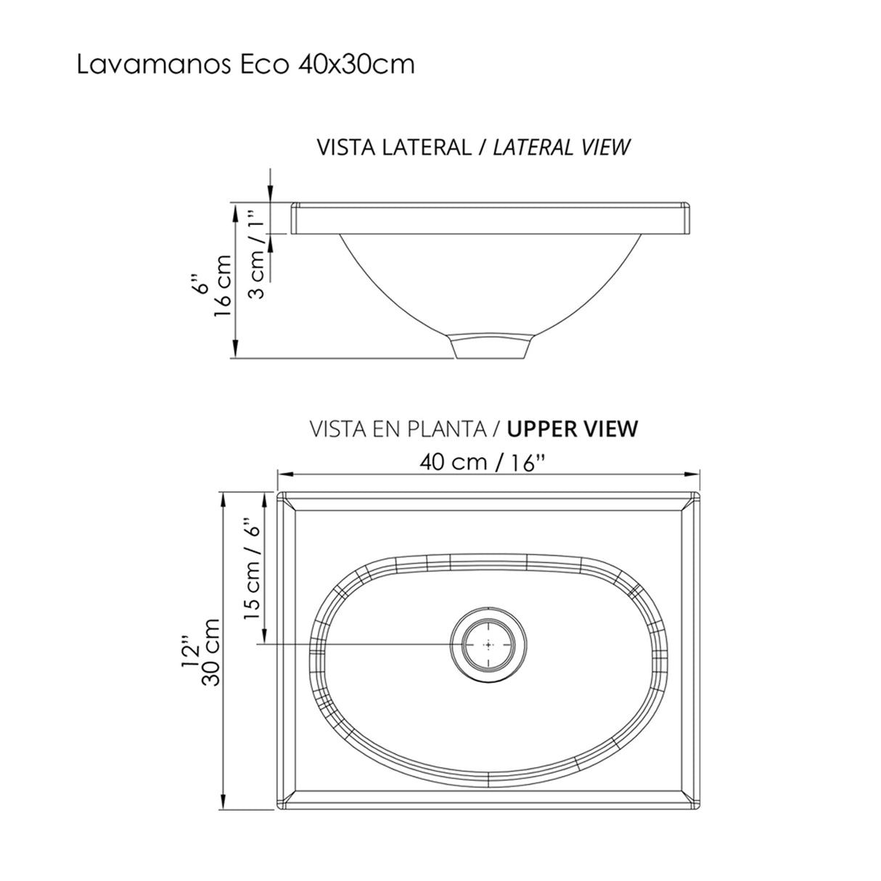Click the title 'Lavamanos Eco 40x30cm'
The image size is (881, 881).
pyautogui.click(x=245, y=65)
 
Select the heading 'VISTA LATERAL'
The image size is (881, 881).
pyautogui.click(x=393, y=147)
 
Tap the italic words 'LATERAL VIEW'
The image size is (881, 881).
pyautogui.click(x=561, y=147)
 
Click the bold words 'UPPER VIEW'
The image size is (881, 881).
pyautogui.click(x=573, y=429)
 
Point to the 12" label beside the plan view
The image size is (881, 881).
pyautogui.click(x=191, y=652)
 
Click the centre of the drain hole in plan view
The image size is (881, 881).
pyautogui.click(x=488, y=644)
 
